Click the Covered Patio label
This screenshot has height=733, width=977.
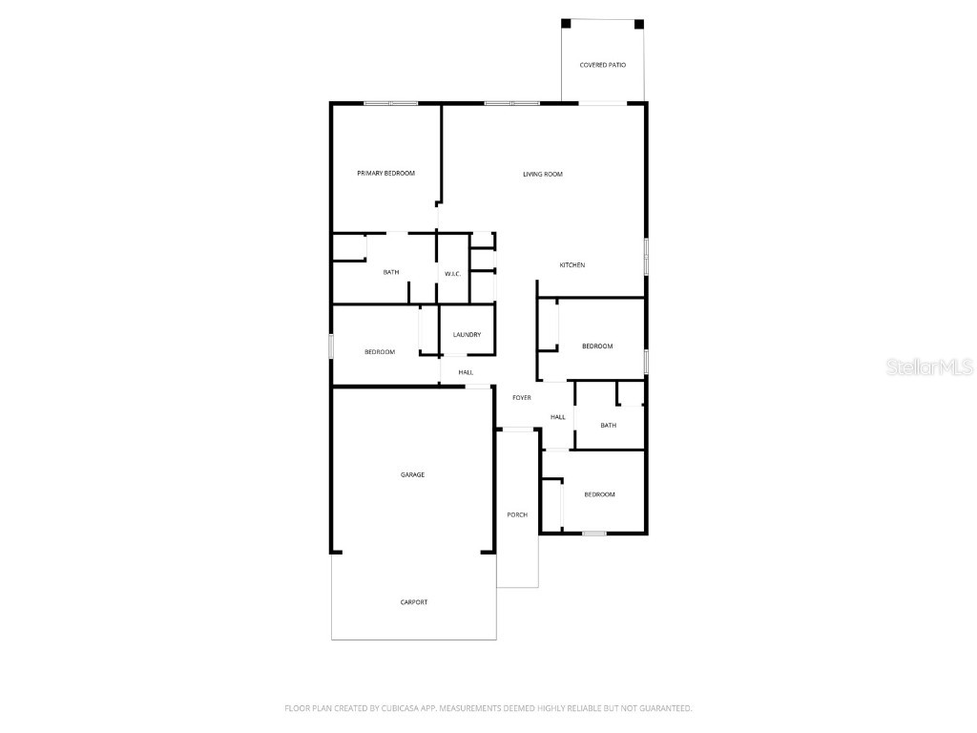click(603, 65)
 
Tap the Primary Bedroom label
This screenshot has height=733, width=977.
click(385, 173)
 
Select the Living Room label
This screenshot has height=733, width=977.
click(542, 174)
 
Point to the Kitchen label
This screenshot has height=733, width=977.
click(572, 264)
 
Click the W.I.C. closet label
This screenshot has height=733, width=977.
click(452, 274)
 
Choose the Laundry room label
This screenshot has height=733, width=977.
click(467, 334)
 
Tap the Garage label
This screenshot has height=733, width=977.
click(412, 474)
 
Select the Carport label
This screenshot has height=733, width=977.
click(414, 602)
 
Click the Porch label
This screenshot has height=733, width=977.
click(517, 514)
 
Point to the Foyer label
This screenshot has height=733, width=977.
click(522, 397)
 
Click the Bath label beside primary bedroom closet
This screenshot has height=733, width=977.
click(391, 272)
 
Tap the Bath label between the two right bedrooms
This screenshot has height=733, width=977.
click(608, 425)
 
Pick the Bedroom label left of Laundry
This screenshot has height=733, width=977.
click(380, 352)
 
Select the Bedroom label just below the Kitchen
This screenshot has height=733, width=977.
click(597, 346)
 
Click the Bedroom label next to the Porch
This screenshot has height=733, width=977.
click(599, 494)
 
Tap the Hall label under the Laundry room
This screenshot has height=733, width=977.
click(466, 372)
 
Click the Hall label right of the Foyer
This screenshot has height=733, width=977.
click(558, 416)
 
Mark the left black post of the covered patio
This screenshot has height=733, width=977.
click(566, 23)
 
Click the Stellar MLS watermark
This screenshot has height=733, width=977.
click(929, 366)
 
